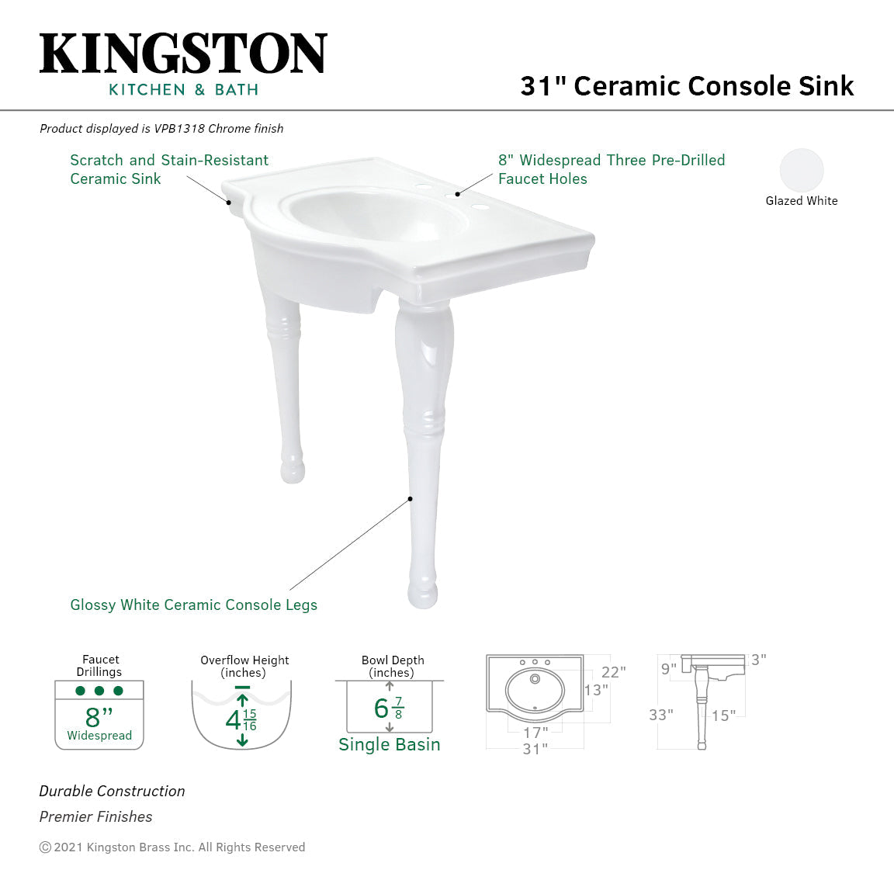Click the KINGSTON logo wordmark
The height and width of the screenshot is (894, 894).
(183, 54)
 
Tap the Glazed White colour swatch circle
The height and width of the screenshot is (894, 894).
(801, 170)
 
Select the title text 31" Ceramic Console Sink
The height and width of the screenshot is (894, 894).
(687, 85)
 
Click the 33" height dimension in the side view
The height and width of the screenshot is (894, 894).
(660, 715)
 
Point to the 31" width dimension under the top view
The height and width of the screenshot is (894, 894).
(535, 749)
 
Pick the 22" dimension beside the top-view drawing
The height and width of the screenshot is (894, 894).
(613, 672)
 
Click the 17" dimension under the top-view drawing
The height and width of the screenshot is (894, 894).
(535, 732)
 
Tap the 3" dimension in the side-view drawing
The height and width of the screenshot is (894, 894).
(758, 660)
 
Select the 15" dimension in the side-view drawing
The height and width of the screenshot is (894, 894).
(723, 716)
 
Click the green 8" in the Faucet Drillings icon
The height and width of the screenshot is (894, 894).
(99, 716)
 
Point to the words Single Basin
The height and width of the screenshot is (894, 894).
(389, 744)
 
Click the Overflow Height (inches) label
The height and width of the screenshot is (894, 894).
(244, 666)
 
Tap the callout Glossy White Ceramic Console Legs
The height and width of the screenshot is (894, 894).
(193, 605)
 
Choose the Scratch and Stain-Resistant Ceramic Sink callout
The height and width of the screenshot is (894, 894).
(168, 169)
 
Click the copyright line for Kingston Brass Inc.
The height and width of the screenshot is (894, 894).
(172, 847)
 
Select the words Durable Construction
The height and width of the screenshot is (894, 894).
(112, 791)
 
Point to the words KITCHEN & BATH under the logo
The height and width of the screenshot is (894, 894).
(183, 90)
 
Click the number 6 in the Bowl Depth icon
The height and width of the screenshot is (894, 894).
(381, 708)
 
